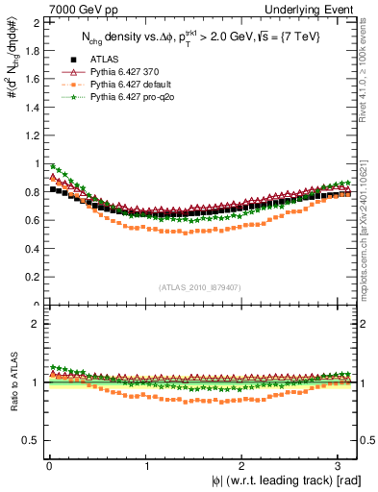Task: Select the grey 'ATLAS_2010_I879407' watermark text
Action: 199,285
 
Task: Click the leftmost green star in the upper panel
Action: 53,165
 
